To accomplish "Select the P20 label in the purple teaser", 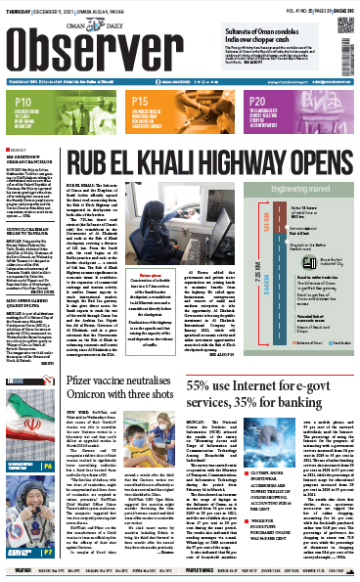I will [x=260, y=102].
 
